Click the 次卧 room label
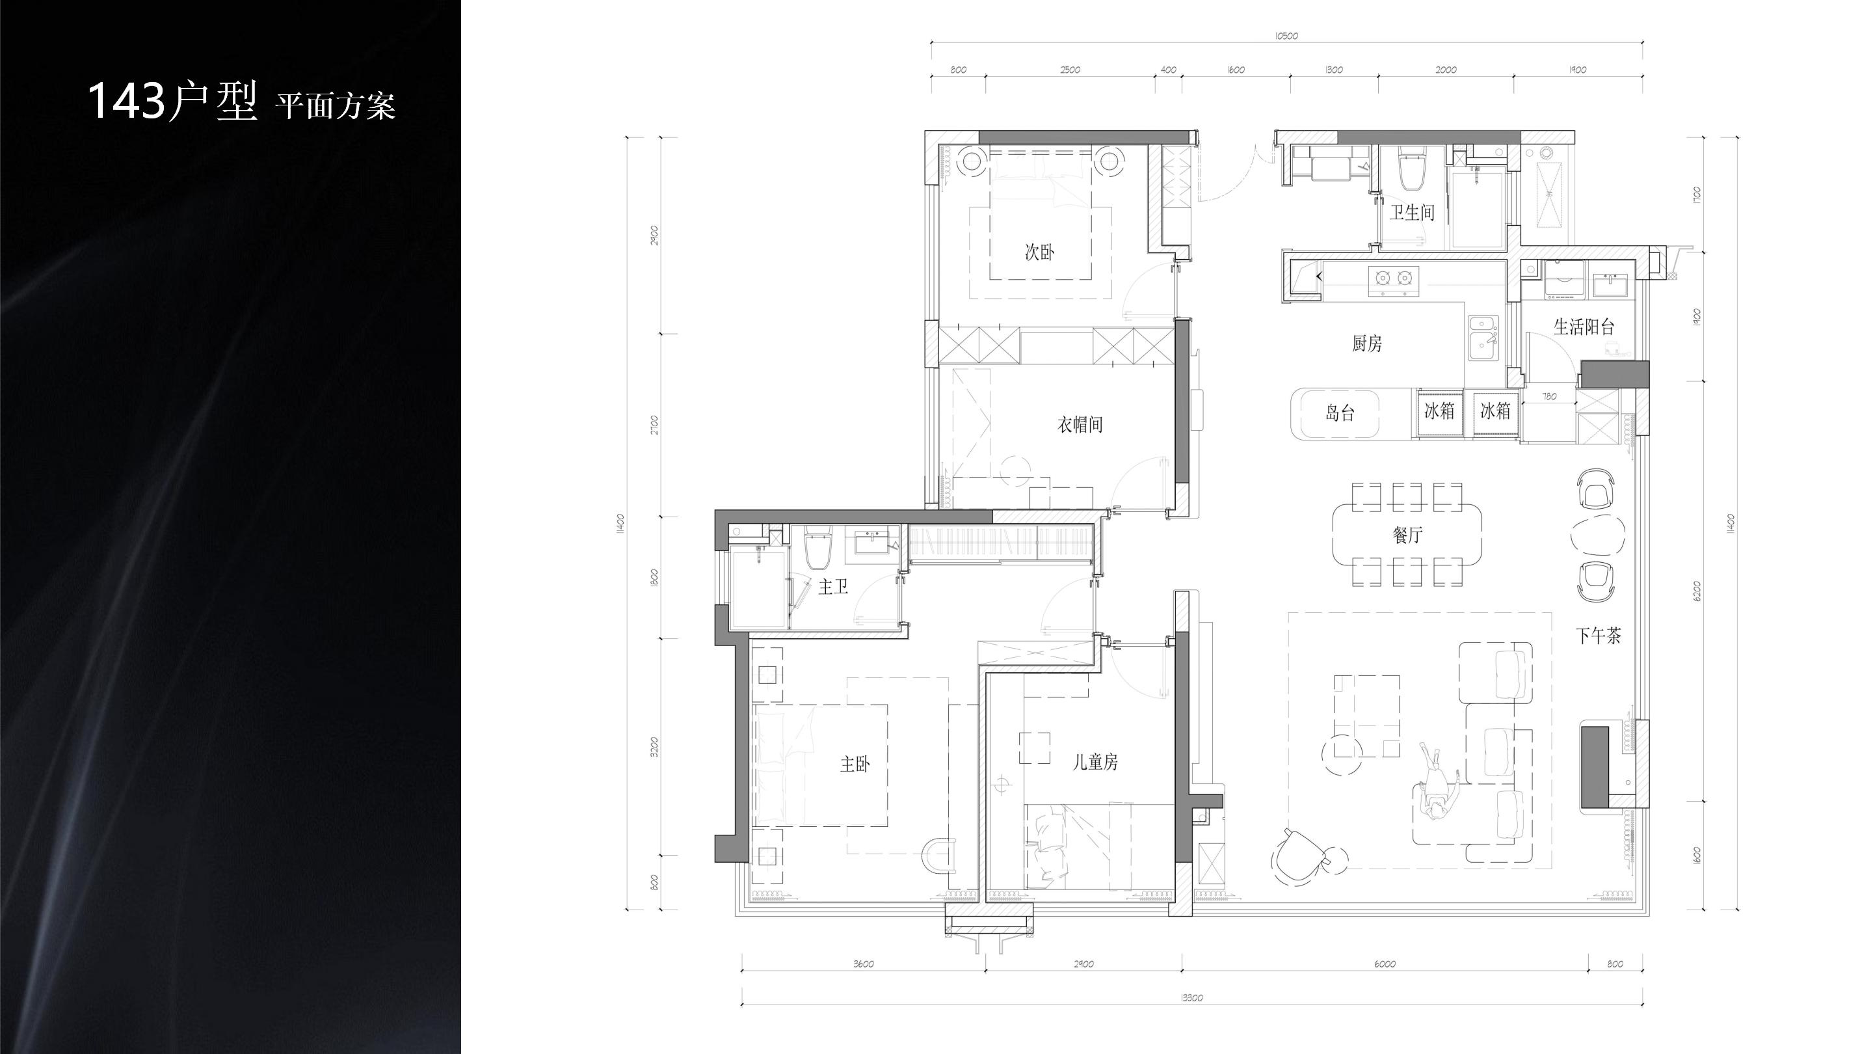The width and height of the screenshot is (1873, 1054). coord(1039,252)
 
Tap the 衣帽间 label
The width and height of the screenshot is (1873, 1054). coord(1080,425)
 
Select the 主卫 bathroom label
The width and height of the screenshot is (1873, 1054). coord(833,586)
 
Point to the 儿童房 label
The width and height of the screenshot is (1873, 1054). coord(1096,762)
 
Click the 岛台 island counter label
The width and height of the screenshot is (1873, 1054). coord(1340,413)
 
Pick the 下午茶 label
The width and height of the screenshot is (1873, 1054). coord(1598,636)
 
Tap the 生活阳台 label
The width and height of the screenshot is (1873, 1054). coord(1584,327)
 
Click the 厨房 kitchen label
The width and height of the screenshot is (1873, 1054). coord(1367,344)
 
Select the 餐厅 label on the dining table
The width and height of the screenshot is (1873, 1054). coord(1407,535)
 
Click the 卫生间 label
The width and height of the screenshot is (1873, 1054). coord(1413,212)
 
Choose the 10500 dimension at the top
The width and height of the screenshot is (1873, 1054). coord(1286,36)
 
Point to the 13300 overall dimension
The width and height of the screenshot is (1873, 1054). coord(1191,998)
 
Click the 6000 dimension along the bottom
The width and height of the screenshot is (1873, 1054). coord(1385,964)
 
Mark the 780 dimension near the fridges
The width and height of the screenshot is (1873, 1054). coord(1549,396)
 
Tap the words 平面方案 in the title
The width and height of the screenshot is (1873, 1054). coord(335,106)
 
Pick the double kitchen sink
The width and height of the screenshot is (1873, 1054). coord(1483,338)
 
